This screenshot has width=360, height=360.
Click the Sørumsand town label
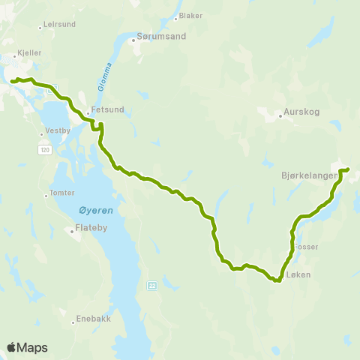coord(161,35)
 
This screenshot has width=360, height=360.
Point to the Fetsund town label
coord(107,109)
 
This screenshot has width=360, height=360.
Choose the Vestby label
coord(57,129)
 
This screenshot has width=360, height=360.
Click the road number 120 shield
coord(45,150)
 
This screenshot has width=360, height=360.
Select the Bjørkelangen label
coord(309,175)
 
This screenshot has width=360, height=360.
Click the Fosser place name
coord(307,247)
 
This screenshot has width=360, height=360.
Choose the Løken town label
coord(297,275)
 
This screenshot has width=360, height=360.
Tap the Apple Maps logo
coord(27,347)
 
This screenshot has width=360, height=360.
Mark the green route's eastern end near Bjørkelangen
coord(348,169)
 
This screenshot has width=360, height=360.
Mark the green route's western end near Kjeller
coord(13,81)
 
